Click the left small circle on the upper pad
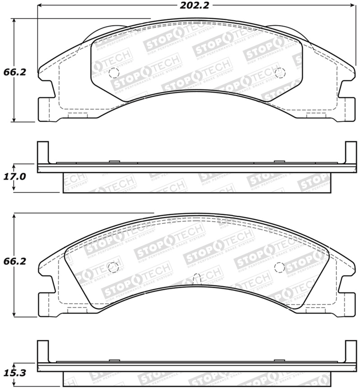tap(114, 72)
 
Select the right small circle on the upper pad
tap(280, 72)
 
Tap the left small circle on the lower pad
tap(113, 267)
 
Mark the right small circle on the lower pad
tap(280, 267)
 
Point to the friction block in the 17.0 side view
tap(196, 183)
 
